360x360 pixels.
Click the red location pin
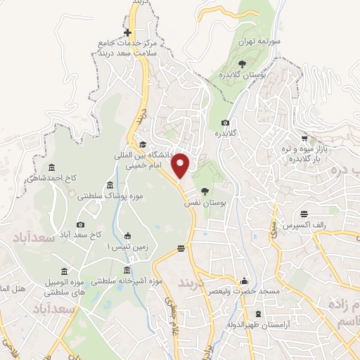pos(181,164)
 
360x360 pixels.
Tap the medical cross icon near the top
pos(127,33)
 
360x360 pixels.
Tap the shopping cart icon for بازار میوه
pos(304,138)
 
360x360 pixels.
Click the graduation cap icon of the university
pos(153,145)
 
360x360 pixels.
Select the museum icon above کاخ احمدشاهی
pos(51,167)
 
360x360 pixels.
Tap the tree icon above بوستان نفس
pos(205,191)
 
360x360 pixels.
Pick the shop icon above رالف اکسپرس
pos(304,214)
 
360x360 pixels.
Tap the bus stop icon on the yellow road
pos(181,247)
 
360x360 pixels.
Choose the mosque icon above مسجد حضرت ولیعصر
pos(245,280)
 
